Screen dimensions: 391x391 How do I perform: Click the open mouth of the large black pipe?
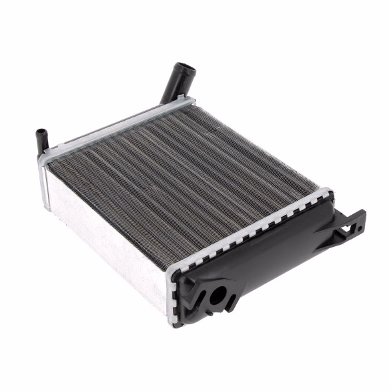point(181,68)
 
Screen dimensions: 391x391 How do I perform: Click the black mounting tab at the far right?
point(350,224)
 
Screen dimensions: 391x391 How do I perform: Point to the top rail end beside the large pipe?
point(187,102)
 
